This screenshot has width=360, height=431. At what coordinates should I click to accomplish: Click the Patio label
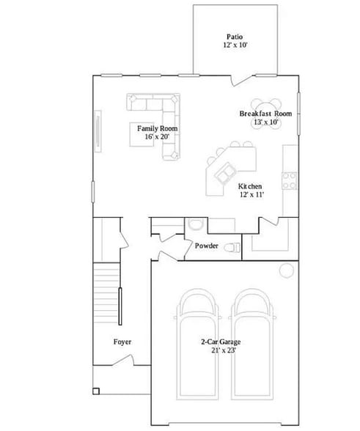[x=234, y=37]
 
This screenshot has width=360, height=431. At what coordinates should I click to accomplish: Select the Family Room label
[x=158, y=128]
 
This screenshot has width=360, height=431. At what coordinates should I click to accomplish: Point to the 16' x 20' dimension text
[x=158, y=137]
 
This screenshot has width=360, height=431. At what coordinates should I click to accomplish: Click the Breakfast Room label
[x=265, y=114]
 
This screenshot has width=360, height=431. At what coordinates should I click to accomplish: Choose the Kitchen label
[x=250, y=187]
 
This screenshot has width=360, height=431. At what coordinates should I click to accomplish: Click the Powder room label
[x=206, y=246]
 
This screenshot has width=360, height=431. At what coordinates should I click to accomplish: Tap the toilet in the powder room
[x=232, y=247]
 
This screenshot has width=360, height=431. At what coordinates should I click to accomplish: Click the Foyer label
[x=122, y=342]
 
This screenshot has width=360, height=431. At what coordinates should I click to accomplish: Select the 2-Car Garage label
[x=221, y=342]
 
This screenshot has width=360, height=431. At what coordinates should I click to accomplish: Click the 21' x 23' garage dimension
[x=221, y=350]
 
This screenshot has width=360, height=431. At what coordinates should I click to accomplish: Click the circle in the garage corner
[x=284, y=271]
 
